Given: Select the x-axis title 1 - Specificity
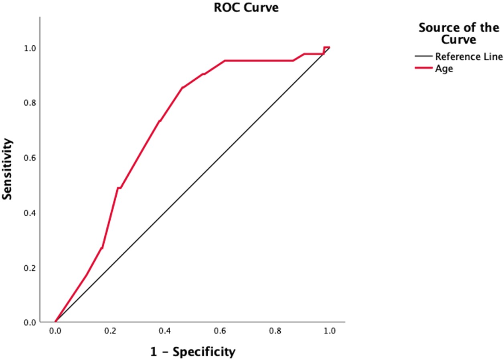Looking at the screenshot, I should pos(192,352).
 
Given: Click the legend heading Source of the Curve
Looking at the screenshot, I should pos(459,34).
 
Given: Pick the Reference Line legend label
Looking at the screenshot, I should pos(469,56).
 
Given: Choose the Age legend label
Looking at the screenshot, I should pos(444,69).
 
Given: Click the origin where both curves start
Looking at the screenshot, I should pos(55,322).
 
